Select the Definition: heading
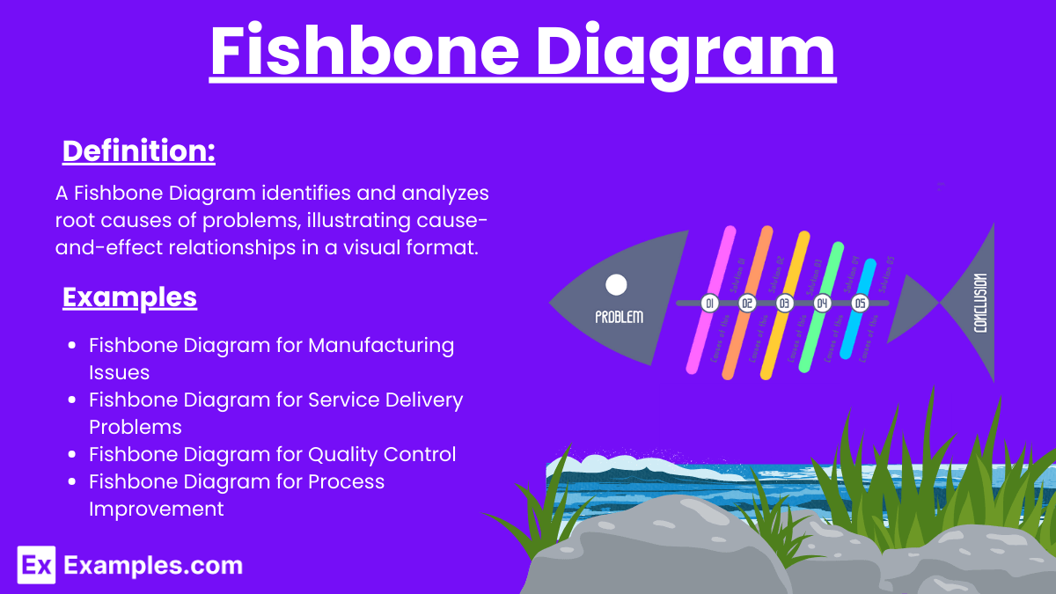click(x=139, y=151)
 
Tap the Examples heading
click(x=129, y=297)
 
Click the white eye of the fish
click(x=617, y=284)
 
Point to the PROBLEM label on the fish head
click(x=620, y=317)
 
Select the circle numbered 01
click(x=709, y=304)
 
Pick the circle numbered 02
click(x=747, y=304)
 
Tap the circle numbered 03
click(x=784, y=304)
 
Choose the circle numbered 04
click(x=822, y=304)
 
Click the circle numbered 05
click(x=860, y=304)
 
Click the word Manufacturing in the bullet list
click(x=381, y=345)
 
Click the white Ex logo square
click(x=36, y=564)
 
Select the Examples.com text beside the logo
click(x=153, y=565)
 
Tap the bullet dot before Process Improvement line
click(x=74, y=482)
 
